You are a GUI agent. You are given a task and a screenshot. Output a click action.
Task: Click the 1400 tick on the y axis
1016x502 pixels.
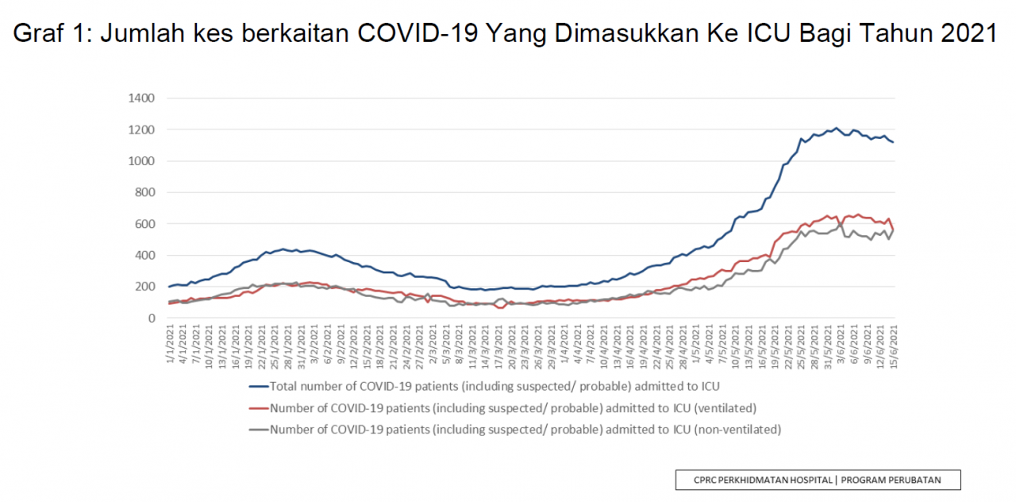[x=141, y=98]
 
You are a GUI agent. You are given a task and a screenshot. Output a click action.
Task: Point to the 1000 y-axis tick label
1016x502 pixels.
[x=141, y=161]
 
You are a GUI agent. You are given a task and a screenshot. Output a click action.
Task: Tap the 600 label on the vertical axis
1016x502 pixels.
[x=144, y=224]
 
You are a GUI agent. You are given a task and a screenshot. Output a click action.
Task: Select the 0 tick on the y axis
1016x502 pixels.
[x=152, y=319]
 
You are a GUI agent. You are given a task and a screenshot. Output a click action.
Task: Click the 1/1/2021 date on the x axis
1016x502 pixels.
[x=170, y=343]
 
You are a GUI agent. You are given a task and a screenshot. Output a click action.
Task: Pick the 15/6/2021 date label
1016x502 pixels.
[x=894, y=346]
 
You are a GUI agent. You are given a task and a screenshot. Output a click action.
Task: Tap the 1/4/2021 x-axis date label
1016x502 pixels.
[x=564, y=343]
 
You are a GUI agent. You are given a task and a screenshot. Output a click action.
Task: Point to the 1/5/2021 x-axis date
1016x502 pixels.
[x=696, y=343]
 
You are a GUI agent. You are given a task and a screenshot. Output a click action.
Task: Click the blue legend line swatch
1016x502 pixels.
[x=259, y=387]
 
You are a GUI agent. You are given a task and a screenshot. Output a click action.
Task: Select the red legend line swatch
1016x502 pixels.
[x=259, y=408]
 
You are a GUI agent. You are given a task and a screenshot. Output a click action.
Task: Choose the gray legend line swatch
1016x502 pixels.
[x=259, y=430]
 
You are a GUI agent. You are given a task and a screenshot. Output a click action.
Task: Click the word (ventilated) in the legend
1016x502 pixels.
[x=725, y=408]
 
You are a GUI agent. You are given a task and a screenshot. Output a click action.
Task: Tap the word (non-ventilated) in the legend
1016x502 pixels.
[x=737, y=430]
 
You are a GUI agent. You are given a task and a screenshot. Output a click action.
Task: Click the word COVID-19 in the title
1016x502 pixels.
[x=418, y=33]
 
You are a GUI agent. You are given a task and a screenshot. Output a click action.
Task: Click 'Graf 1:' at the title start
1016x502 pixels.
[x=52, y=33]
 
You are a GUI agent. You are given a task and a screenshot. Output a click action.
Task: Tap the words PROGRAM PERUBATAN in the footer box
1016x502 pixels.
[x=891, y=481]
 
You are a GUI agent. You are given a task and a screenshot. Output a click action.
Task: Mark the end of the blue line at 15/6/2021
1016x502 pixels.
[x=893, y=142]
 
